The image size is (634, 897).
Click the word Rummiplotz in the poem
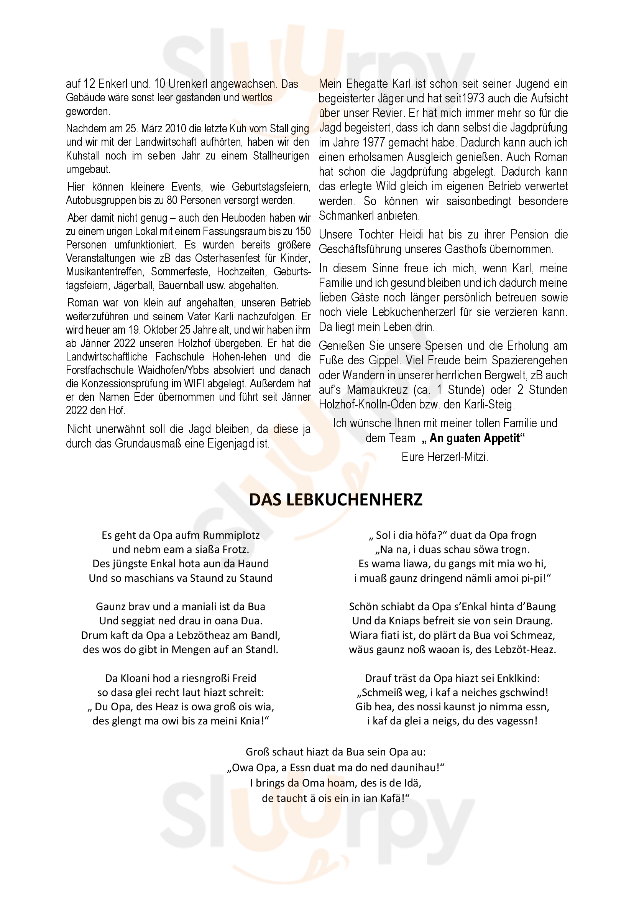(232, 535)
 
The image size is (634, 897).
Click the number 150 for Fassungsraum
(303, 231)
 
